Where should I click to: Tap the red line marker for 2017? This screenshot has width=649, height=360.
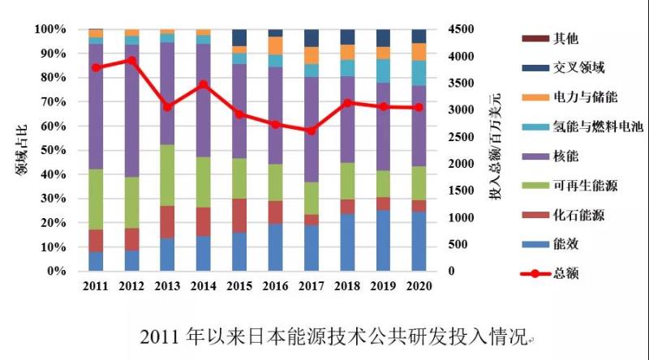click(312, 131)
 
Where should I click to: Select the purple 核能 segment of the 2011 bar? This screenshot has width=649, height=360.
click(96, 105)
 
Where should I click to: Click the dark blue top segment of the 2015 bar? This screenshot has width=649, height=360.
click(239, 37)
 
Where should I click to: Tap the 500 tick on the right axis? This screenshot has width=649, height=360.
click(459, 245)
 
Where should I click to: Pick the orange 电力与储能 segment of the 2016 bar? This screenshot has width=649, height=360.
click(275, 45)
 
